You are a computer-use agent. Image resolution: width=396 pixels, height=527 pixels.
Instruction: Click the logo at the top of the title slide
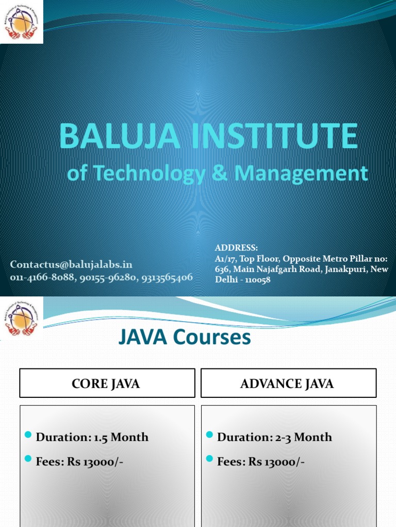click(x=21, y=22)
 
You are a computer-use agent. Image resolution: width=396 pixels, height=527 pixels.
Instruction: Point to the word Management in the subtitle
click(x=301, y=173)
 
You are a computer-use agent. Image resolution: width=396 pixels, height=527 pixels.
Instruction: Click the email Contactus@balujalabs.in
click(x=72, y=265)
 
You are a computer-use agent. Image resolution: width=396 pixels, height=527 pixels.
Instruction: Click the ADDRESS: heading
click(x=236, y=248)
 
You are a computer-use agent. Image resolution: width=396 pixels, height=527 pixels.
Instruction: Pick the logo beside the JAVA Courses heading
click(x=21, y=319)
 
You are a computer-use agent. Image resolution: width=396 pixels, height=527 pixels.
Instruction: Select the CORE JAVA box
click(x=107, y=383)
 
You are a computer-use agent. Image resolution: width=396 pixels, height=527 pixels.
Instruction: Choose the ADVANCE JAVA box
click(x=288, y=383)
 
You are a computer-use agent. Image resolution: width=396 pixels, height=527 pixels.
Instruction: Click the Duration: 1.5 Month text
click(x=92, y=437)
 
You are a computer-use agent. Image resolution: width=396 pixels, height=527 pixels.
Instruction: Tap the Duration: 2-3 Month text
click(x=274, y=437)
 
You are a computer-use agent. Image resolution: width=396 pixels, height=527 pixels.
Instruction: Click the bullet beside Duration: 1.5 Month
click(x=28, y=435)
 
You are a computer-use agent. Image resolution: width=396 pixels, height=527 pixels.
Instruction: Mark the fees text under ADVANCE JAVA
click(x=261, y=462)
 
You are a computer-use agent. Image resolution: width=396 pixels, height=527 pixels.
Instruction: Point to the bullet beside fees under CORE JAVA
click(x=28, y=459)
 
